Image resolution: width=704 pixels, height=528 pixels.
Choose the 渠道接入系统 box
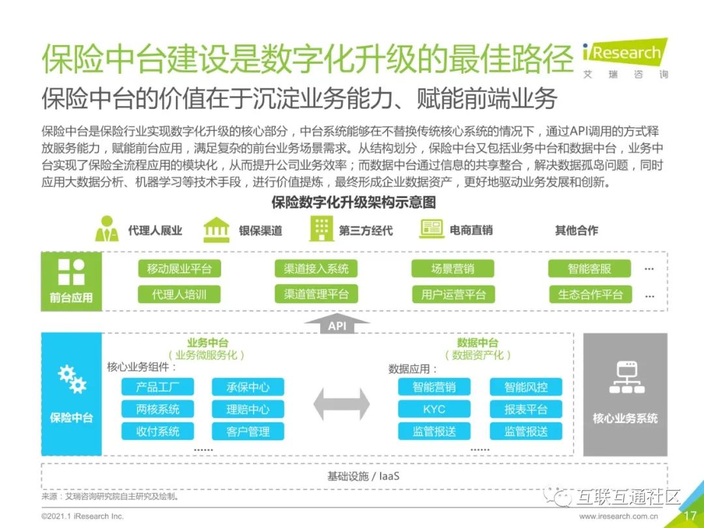[316, 269]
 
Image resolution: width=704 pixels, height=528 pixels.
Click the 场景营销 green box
[453, 269]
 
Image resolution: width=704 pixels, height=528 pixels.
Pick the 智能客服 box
[589, 269]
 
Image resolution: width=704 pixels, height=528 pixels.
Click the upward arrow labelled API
[337, 323]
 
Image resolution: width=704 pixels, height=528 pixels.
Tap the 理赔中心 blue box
[248, 409]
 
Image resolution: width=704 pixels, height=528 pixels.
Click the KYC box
[434, 409]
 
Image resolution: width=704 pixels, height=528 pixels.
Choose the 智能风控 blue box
[525, 387]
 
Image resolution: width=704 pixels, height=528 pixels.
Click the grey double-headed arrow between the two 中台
[341, 404]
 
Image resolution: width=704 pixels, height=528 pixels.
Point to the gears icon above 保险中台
[72, 379]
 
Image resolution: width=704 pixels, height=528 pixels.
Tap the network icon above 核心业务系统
[625, 377]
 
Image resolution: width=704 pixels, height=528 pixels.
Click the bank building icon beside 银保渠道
[216, 229]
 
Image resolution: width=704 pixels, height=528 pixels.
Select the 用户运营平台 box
[453, 294]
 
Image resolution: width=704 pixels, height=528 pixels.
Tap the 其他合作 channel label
[576, 230]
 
